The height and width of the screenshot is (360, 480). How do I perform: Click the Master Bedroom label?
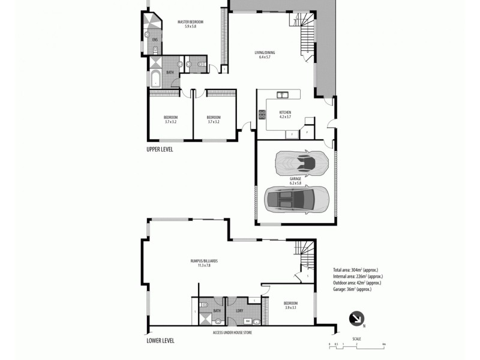(191, 24)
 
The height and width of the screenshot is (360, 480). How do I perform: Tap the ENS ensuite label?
(155, 40)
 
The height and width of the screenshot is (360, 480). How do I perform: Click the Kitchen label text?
(285, 114)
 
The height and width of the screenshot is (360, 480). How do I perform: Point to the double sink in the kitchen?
(282, 94)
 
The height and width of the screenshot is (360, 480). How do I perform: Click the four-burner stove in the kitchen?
(262, 114)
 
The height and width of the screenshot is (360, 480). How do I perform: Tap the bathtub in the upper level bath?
(155, 77)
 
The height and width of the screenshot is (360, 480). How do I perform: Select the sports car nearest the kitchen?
(302, 162)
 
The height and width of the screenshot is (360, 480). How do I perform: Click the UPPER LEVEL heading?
(160, 149)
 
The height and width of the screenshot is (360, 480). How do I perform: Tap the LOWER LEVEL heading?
(160, 340)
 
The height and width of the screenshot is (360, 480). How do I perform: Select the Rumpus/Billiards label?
(204, 263)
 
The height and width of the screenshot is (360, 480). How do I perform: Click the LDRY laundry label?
(239, 310)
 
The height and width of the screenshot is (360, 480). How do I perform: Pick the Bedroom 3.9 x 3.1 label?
(290, 304)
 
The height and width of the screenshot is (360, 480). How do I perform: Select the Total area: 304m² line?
(358, 269)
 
